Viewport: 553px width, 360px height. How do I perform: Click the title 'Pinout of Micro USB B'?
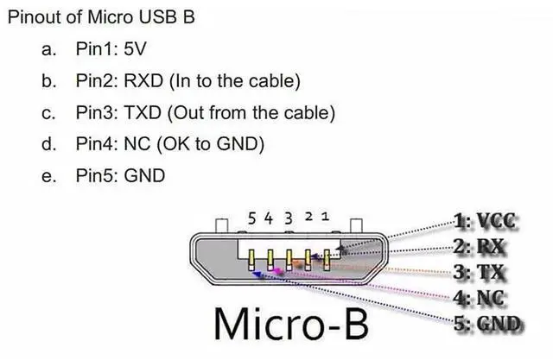point(100,18)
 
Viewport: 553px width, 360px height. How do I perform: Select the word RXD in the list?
point(142,81)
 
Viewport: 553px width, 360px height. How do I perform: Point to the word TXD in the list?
point(141,113)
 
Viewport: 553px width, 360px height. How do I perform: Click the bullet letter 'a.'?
point(48,49)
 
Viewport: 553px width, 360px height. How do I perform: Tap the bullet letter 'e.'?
point(48,176)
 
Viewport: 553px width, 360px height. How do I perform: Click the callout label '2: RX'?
point(482,247)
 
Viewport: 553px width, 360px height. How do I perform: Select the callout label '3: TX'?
point(482,274)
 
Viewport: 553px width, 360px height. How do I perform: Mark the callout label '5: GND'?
point(488,324)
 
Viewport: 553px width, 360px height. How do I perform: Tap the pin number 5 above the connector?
point(251,218)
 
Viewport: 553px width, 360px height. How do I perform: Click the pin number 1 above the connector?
point(325,218)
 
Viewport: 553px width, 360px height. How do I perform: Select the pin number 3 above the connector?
point(288,218)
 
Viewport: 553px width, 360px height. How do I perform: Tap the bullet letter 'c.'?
point(48,113)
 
